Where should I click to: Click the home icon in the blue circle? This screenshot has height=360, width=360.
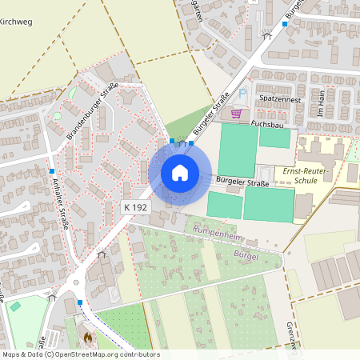coord(180,172)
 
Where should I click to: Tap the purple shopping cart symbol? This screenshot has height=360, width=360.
coord(236,114)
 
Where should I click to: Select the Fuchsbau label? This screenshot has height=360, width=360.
coord(268,124)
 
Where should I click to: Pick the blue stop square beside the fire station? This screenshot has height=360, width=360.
coord(80,302)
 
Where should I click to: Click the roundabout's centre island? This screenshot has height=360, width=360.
coord(77,281)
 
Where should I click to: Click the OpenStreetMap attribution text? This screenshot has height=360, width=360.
coord(80,354)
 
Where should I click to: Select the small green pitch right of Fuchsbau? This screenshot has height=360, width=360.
coord(274,138)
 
